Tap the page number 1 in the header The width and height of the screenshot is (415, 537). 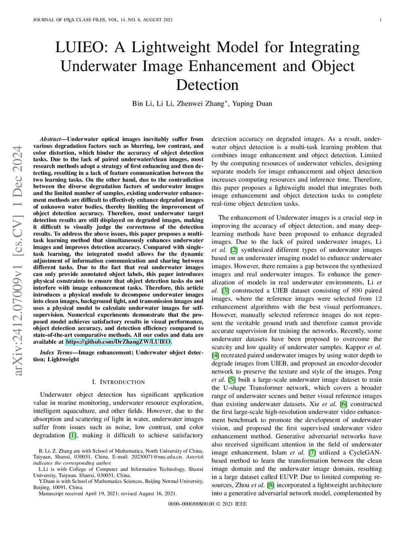[381, 20]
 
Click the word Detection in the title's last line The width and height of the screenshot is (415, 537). [207, 84]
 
